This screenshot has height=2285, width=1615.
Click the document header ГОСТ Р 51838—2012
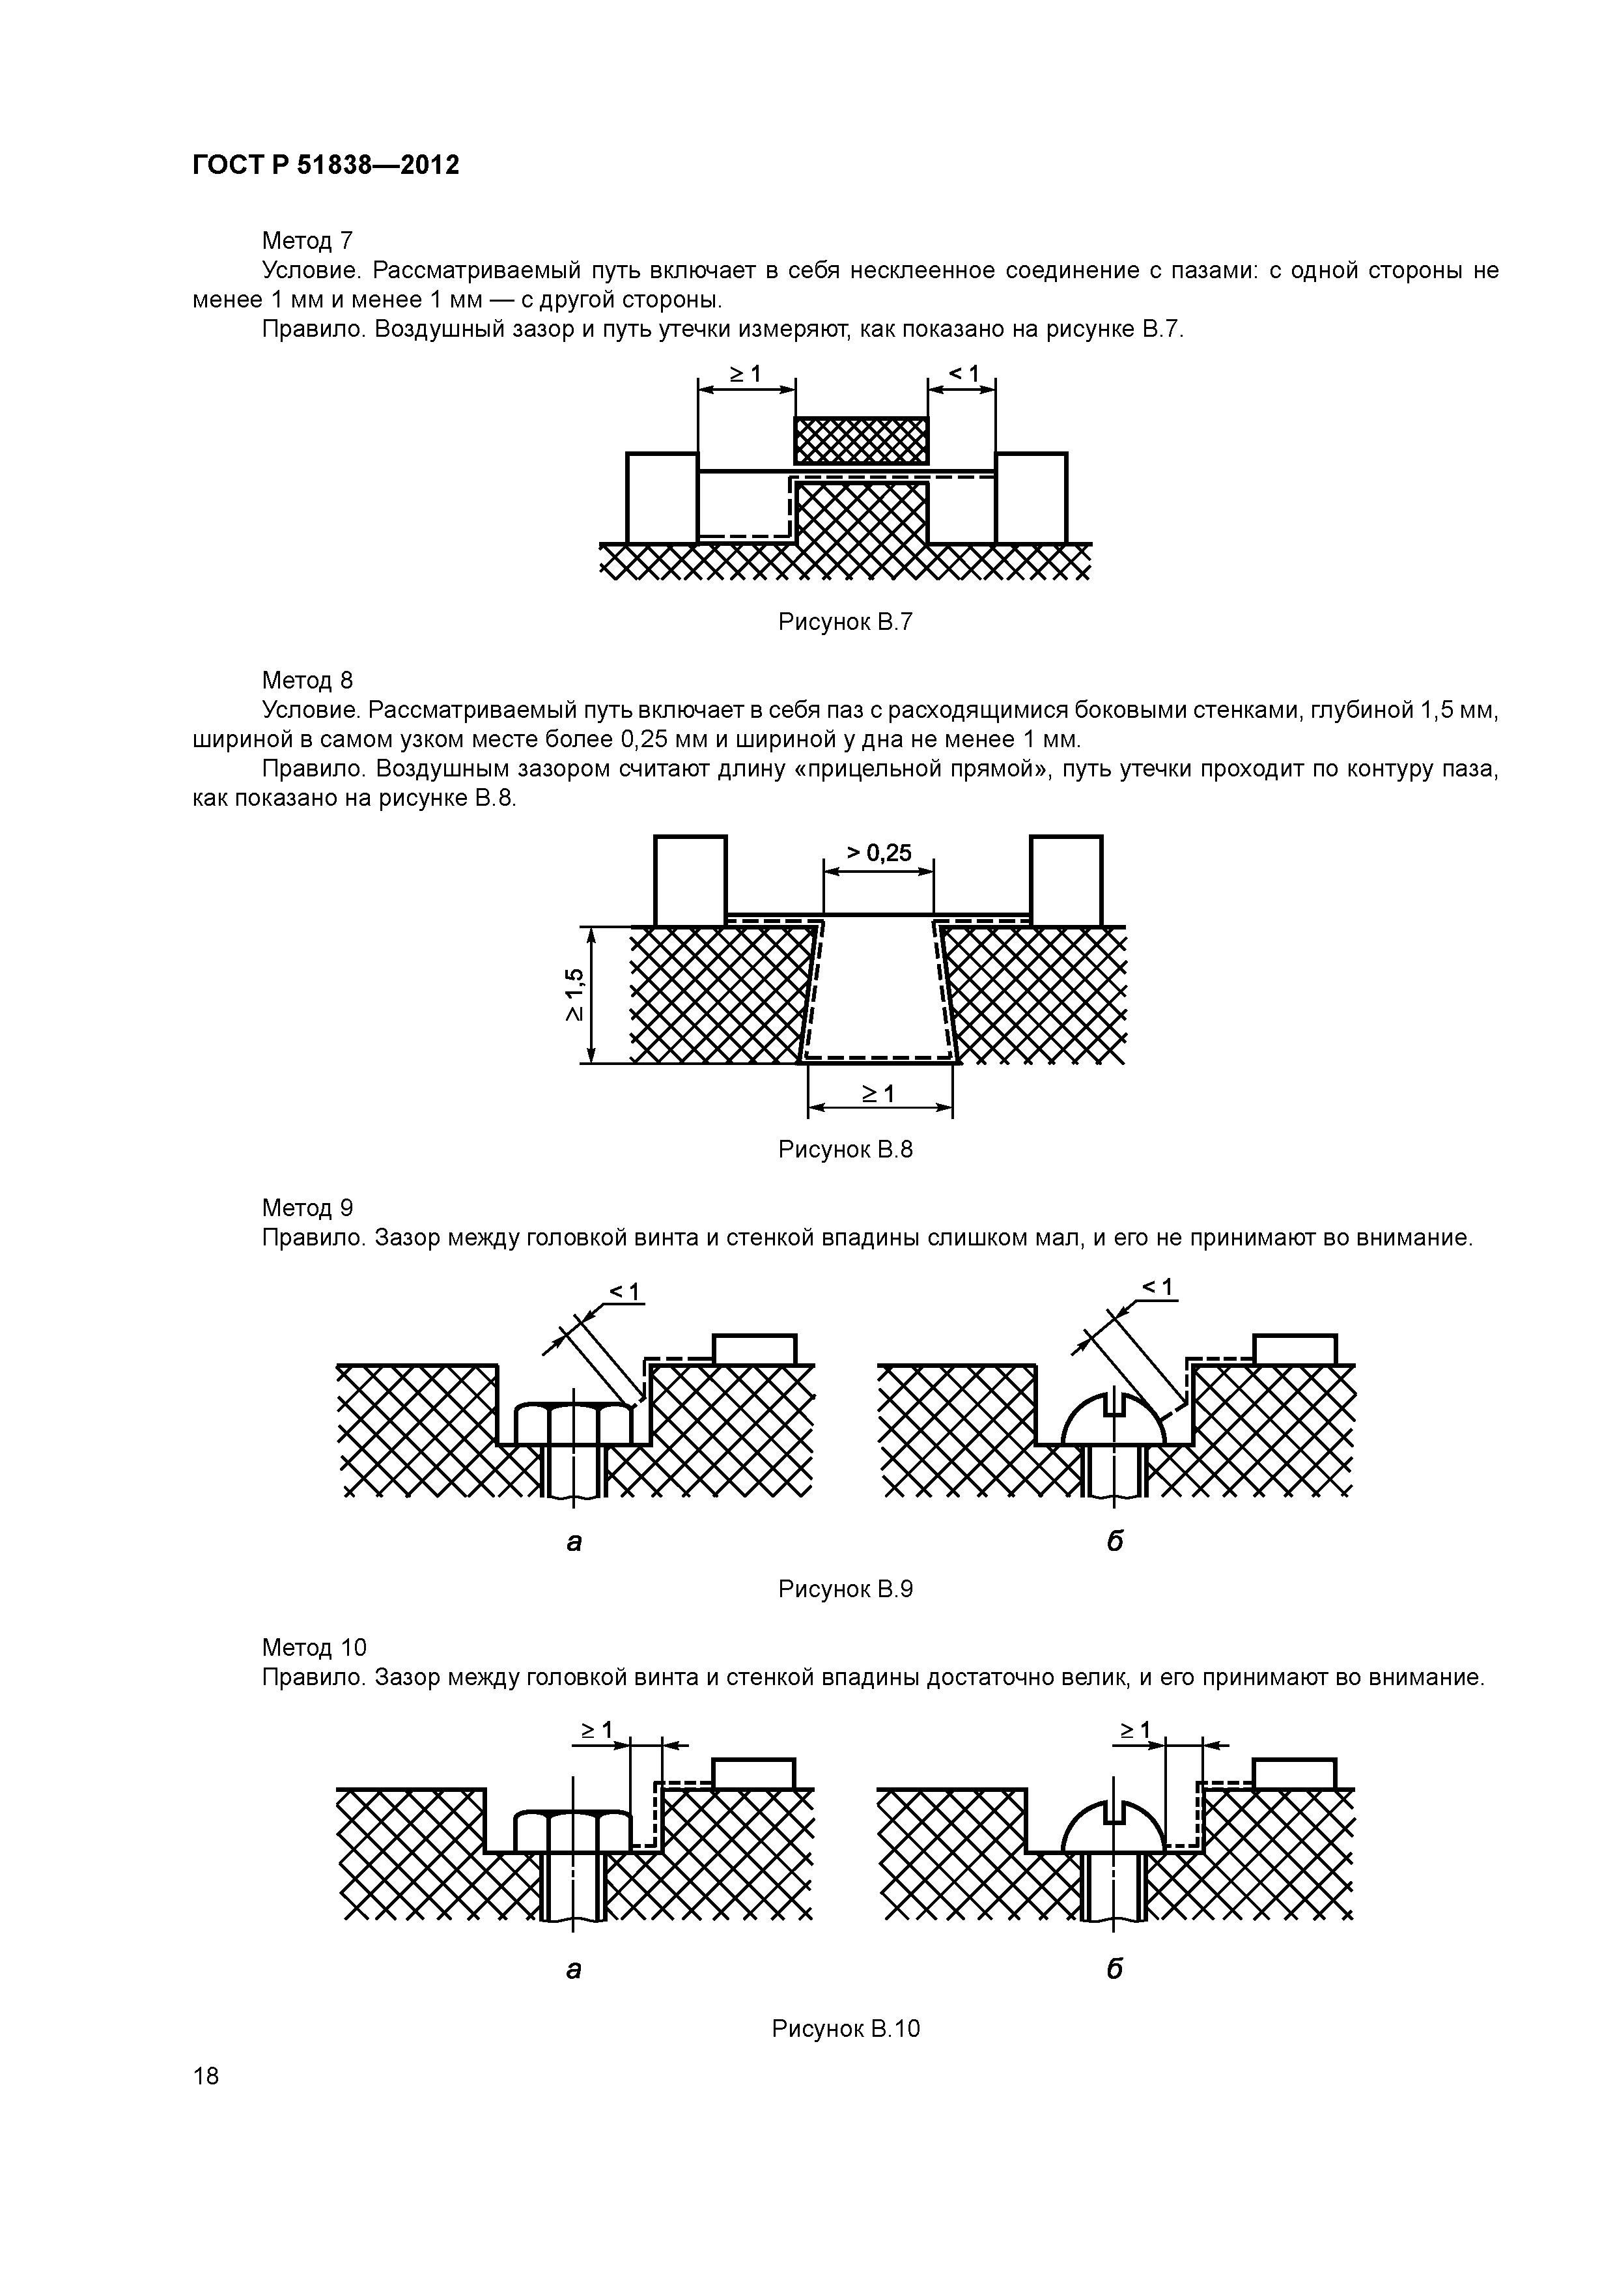tap(326, 165)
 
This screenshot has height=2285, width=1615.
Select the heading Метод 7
tap(307, 240)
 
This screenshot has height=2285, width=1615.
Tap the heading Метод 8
tap(307, 680)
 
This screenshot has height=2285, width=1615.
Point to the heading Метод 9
tap(307, 1207)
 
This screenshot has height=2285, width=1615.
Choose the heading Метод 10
tap(313, 1647)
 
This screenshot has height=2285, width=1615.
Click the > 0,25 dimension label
tap(878, 853)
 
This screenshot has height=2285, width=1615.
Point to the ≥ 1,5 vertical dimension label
tap(575, 994)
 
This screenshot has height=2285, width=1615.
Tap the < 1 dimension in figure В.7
tap(962, 374)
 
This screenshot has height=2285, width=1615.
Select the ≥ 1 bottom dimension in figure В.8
tap(878, 1094)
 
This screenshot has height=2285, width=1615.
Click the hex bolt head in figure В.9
tap(574, 1423)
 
